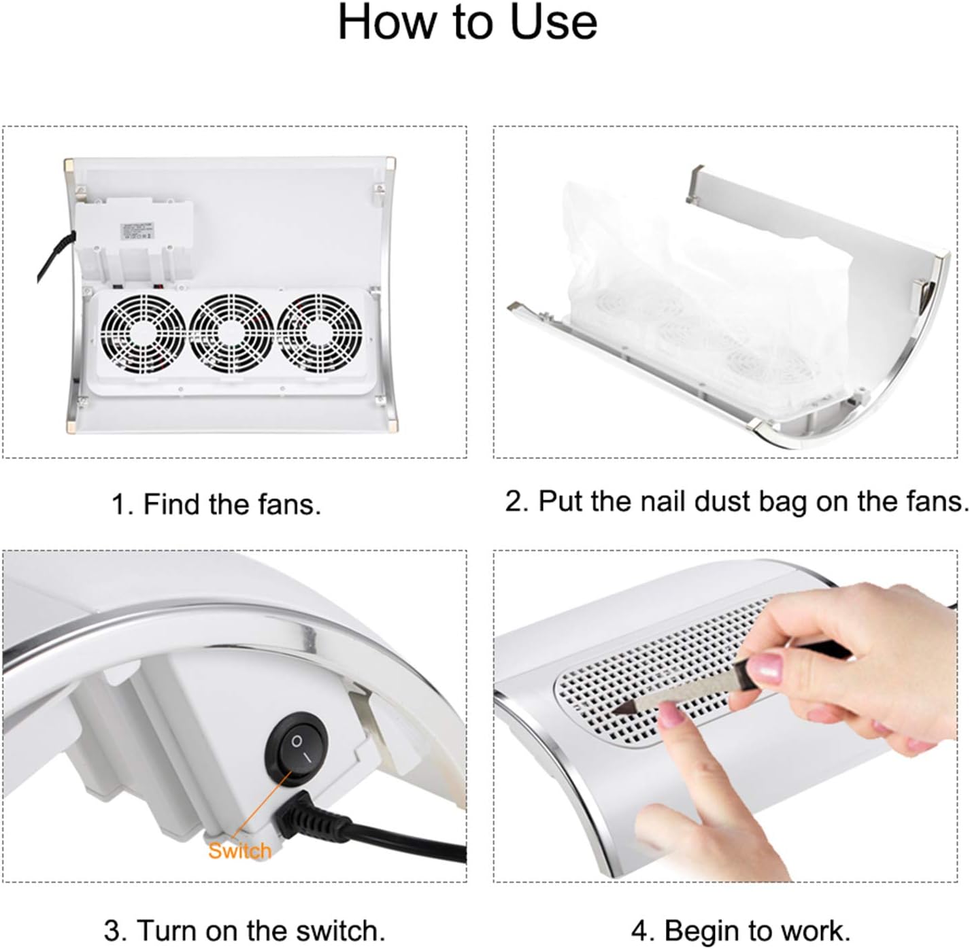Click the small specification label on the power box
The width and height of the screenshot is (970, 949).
137,230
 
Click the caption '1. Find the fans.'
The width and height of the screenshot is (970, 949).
216,504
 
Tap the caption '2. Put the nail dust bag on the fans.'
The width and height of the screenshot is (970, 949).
737,502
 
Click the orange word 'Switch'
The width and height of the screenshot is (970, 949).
239,851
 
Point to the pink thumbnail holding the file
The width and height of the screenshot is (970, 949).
765,668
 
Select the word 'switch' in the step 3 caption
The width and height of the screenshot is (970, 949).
337,931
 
